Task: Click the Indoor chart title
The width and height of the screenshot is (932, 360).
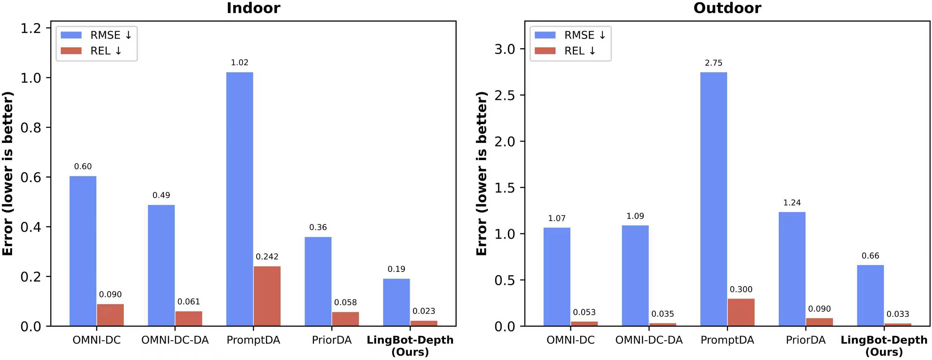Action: tap(253, 8)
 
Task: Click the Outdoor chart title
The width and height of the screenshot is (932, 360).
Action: tap(727, 8)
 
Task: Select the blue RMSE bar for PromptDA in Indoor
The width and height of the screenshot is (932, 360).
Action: tap(239, 199)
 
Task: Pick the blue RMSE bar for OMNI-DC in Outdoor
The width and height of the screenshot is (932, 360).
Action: tap(557, 277)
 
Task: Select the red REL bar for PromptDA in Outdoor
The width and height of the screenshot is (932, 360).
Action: tap(741, 312)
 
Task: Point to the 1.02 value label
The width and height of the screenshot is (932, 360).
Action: tap(239, 63)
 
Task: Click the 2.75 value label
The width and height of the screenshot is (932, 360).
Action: tap(713, 63)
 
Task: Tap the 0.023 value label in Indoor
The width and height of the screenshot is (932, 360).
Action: tap(424, 311)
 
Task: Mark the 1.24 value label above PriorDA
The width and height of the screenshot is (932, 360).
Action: tap(792, 202)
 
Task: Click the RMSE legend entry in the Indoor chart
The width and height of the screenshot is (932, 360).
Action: tap(96, 35)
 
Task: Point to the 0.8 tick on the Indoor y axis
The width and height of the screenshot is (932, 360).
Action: tap(31, 128)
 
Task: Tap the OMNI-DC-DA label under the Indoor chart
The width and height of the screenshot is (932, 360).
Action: tap(175, 340)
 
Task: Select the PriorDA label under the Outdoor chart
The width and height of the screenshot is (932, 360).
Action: tap(806, 340)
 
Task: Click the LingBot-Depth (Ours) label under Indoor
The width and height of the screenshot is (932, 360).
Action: tap(410, 346)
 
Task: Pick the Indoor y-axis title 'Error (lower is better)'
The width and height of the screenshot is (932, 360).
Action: tap(8, 174)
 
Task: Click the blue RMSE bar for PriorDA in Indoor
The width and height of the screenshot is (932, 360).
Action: tap(318, 282)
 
